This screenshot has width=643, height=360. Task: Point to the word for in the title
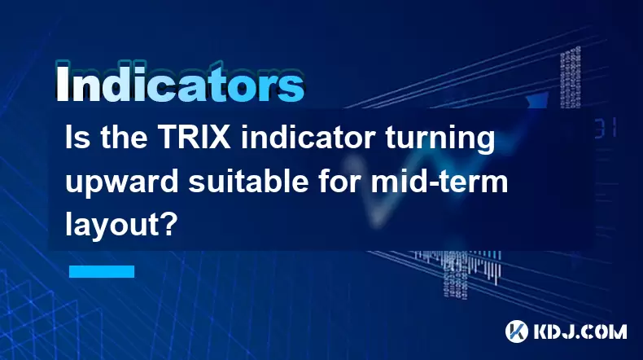tap(339, 181)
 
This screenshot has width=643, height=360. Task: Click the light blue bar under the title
tap(102, 271)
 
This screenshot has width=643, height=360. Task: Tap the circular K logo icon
tap(517, 331)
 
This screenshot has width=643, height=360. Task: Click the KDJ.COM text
tap(580, 331)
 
